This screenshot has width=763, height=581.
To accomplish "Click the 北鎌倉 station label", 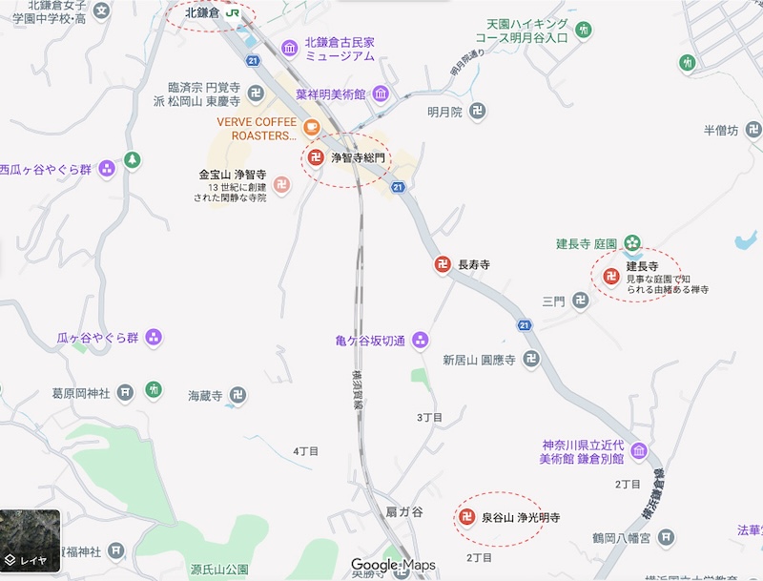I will (202, 13).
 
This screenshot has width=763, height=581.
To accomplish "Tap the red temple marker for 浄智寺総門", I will (316, 157).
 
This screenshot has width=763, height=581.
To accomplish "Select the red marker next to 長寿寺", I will (443, 264).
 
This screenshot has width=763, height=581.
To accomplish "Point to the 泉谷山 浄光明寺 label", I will (520, 518).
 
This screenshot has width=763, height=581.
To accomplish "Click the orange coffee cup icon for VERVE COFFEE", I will (311, 127).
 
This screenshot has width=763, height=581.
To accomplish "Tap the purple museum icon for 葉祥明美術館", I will (381, 93).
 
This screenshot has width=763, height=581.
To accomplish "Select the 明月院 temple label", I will (444, 112).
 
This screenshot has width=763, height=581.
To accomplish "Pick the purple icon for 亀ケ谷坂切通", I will (421, 341).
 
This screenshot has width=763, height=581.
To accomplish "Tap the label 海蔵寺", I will (205, 395).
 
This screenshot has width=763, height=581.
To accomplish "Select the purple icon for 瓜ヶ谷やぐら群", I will (154, 338).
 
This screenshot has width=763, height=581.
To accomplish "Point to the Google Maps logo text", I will (393, 565).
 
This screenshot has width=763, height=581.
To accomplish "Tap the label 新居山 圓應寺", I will (479, 361).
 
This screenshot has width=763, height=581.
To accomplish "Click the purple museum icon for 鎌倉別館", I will (638, 450).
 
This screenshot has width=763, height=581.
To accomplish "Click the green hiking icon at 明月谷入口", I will (584, 30).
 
